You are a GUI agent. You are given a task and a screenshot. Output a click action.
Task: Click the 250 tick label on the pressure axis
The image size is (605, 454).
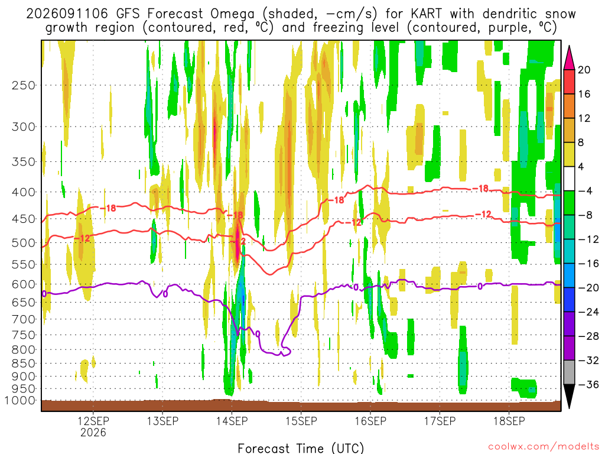[24, 85]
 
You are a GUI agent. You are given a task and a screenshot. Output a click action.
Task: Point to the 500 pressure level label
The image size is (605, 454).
[24, 243]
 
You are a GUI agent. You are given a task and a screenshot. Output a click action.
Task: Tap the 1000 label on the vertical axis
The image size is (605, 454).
[20, 400]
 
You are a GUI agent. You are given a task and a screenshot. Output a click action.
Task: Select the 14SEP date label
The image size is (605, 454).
[232, 421]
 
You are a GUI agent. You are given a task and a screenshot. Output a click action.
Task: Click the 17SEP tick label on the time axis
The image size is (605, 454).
[440, 421]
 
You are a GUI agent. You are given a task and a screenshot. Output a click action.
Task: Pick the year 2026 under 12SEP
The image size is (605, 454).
[93, 432]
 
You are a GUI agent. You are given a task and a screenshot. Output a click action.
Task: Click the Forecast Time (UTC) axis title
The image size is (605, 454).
[301, 448]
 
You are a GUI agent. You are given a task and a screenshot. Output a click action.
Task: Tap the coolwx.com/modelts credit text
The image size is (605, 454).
[544, 446]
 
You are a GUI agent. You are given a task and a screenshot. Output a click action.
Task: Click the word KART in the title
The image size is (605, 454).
[426, 14]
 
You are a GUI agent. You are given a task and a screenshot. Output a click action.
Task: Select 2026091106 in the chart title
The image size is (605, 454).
[67, 14]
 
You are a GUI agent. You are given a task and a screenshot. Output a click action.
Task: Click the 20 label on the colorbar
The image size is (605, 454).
[584, 70]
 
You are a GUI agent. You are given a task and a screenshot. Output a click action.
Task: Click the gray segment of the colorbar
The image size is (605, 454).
[569, 372]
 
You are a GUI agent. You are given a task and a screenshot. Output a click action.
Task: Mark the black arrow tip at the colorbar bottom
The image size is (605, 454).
[569, 408]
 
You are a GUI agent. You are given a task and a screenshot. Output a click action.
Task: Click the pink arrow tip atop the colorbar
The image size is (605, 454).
[569, 46]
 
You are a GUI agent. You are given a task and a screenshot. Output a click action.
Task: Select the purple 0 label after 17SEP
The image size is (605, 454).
[480, 286]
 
